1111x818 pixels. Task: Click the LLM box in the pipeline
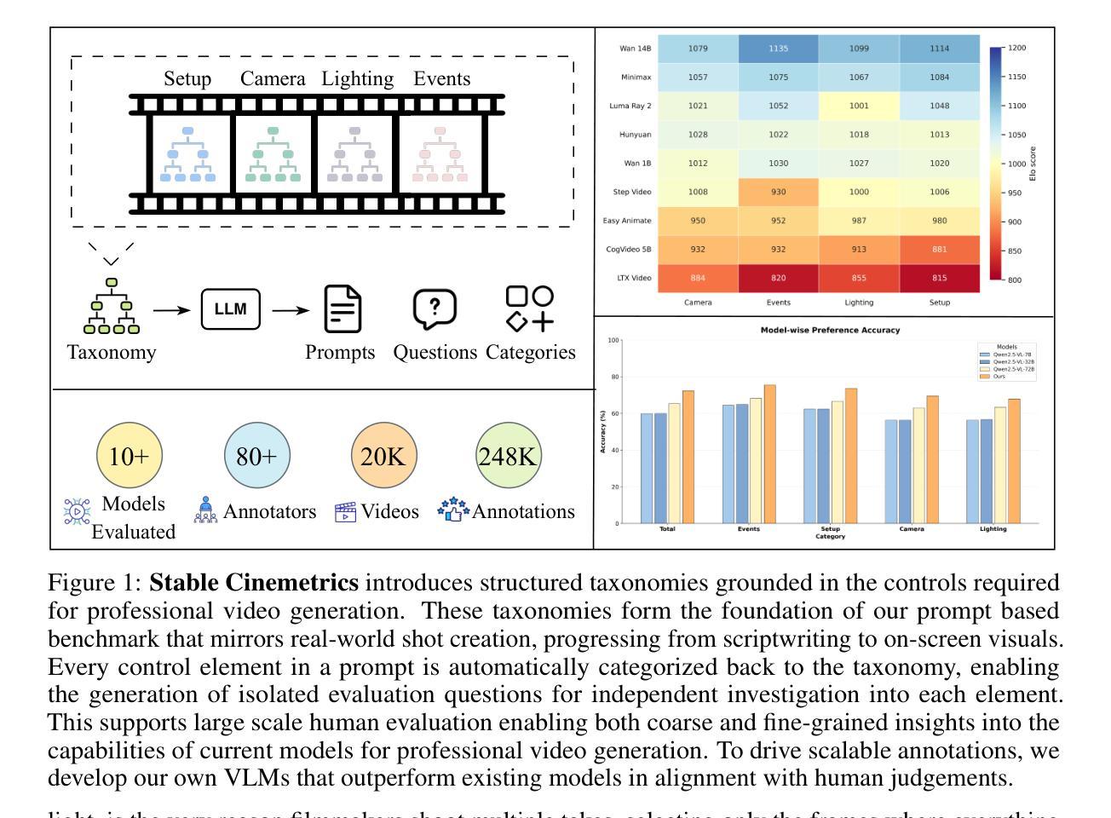tap(230, 309)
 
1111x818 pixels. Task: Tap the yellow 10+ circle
tap(130, 457)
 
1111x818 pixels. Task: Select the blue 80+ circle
tap(256, 457)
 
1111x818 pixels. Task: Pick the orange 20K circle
tap(383, 457)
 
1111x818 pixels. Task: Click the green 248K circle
tap(508, 457)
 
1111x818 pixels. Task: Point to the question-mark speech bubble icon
tap(435, 308)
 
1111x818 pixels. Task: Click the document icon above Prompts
tap(343, 308)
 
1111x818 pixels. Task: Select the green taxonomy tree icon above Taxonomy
tap(112, 306)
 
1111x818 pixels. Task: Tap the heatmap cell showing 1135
tap(778, 49)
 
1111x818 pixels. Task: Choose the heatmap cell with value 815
tap(939, 278)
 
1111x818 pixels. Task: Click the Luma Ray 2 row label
tap(630, 106)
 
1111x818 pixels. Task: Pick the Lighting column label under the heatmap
tap(859, 302)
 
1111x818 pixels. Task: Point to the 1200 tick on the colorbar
tap(1016, 48)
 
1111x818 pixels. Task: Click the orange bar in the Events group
tap(769, 454)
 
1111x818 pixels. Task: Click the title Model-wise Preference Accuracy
tap(830, 330)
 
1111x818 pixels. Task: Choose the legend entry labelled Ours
tap(999, 376)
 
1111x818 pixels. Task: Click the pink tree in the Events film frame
tap(440, 155)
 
